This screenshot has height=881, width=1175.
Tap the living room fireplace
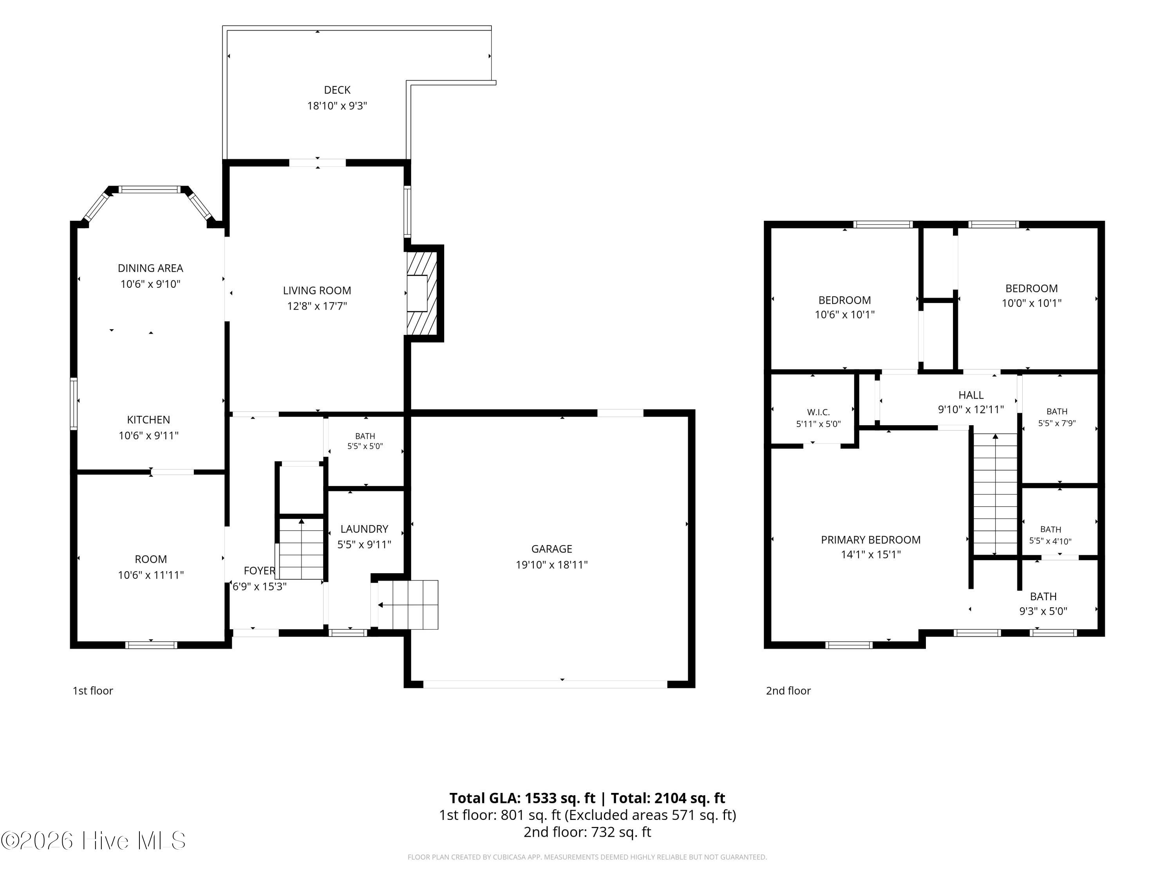pos(422,293)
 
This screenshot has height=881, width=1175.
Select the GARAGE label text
pos(551,549)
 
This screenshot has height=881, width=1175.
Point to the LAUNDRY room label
pos(364,529)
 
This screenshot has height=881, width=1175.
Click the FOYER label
pos(259,571)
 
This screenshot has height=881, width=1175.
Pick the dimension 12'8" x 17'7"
pos(317,306)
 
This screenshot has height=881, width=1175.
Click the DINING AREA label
pos(150,268)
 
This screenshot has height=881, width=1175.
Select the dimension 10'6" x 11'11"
pos(151,574)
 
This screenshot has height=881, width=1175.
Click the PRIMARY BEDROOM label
pos(871,540)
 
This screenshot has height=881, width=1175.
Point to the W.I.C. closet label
pos(818,412)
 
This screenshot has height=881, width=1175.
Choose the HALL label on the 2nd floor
pos(971,395)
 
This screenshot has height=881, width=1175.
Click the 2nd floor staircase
pos(995,494)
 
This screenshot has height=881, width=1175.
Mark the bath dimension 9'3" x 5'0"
pos(1043,611)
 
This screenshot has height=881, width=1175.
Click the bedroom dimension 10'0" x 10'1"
pos(1032,303)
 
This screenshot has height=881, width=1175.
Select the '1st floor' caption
pos(93,690)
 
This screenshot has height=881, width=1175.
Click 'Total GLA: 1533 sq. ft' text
pos(522,798)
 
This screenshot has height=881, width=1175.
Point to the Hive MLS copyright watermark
pos(94,841)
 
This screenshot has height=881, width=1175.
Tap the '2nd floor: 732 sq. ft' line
pos(587,832)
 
